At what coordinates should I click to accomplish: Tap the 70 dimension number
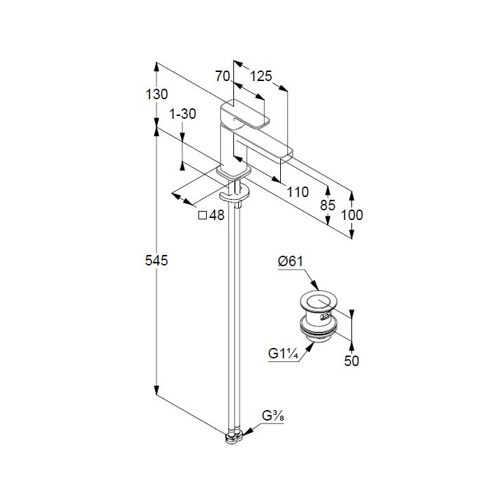point(224,76)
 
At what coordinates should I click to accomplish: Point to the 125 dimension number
point(260,76)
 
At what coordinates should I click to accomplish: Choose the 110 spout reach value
point(298,192)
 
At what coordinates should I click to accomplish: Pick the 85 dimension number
point(328,205)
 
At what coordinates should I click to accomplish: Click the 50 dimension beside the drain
point(351,361)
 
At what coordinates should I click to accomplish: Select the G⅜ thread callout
point(270,418)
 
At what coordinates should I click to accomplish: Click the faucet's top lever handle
point(245,114)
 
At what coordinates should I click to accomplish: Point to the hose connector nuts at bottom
point(234,437)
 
